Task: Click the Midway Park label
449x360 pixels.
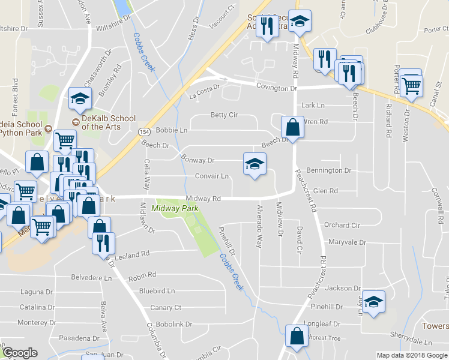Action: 175,208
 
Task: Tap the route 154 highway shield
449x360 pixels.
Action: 143,131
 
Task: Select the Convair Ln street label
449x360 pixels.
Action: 212,176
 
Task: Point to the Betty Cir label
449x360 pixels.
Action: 224,115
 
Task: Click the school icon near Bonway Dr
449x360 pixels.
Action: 255,165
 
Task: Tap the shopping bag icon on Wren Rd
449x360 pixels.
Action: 292,127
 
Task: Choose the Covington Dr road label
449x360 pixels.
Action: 277,88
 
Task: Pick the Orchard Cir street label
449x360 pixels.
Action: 342,226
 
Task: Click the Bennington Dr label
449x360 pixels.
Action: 328,171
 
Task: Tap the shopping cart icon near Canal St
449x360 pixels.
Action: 411,85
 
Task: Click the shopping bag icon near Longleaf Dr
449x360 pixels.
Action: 297,337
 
